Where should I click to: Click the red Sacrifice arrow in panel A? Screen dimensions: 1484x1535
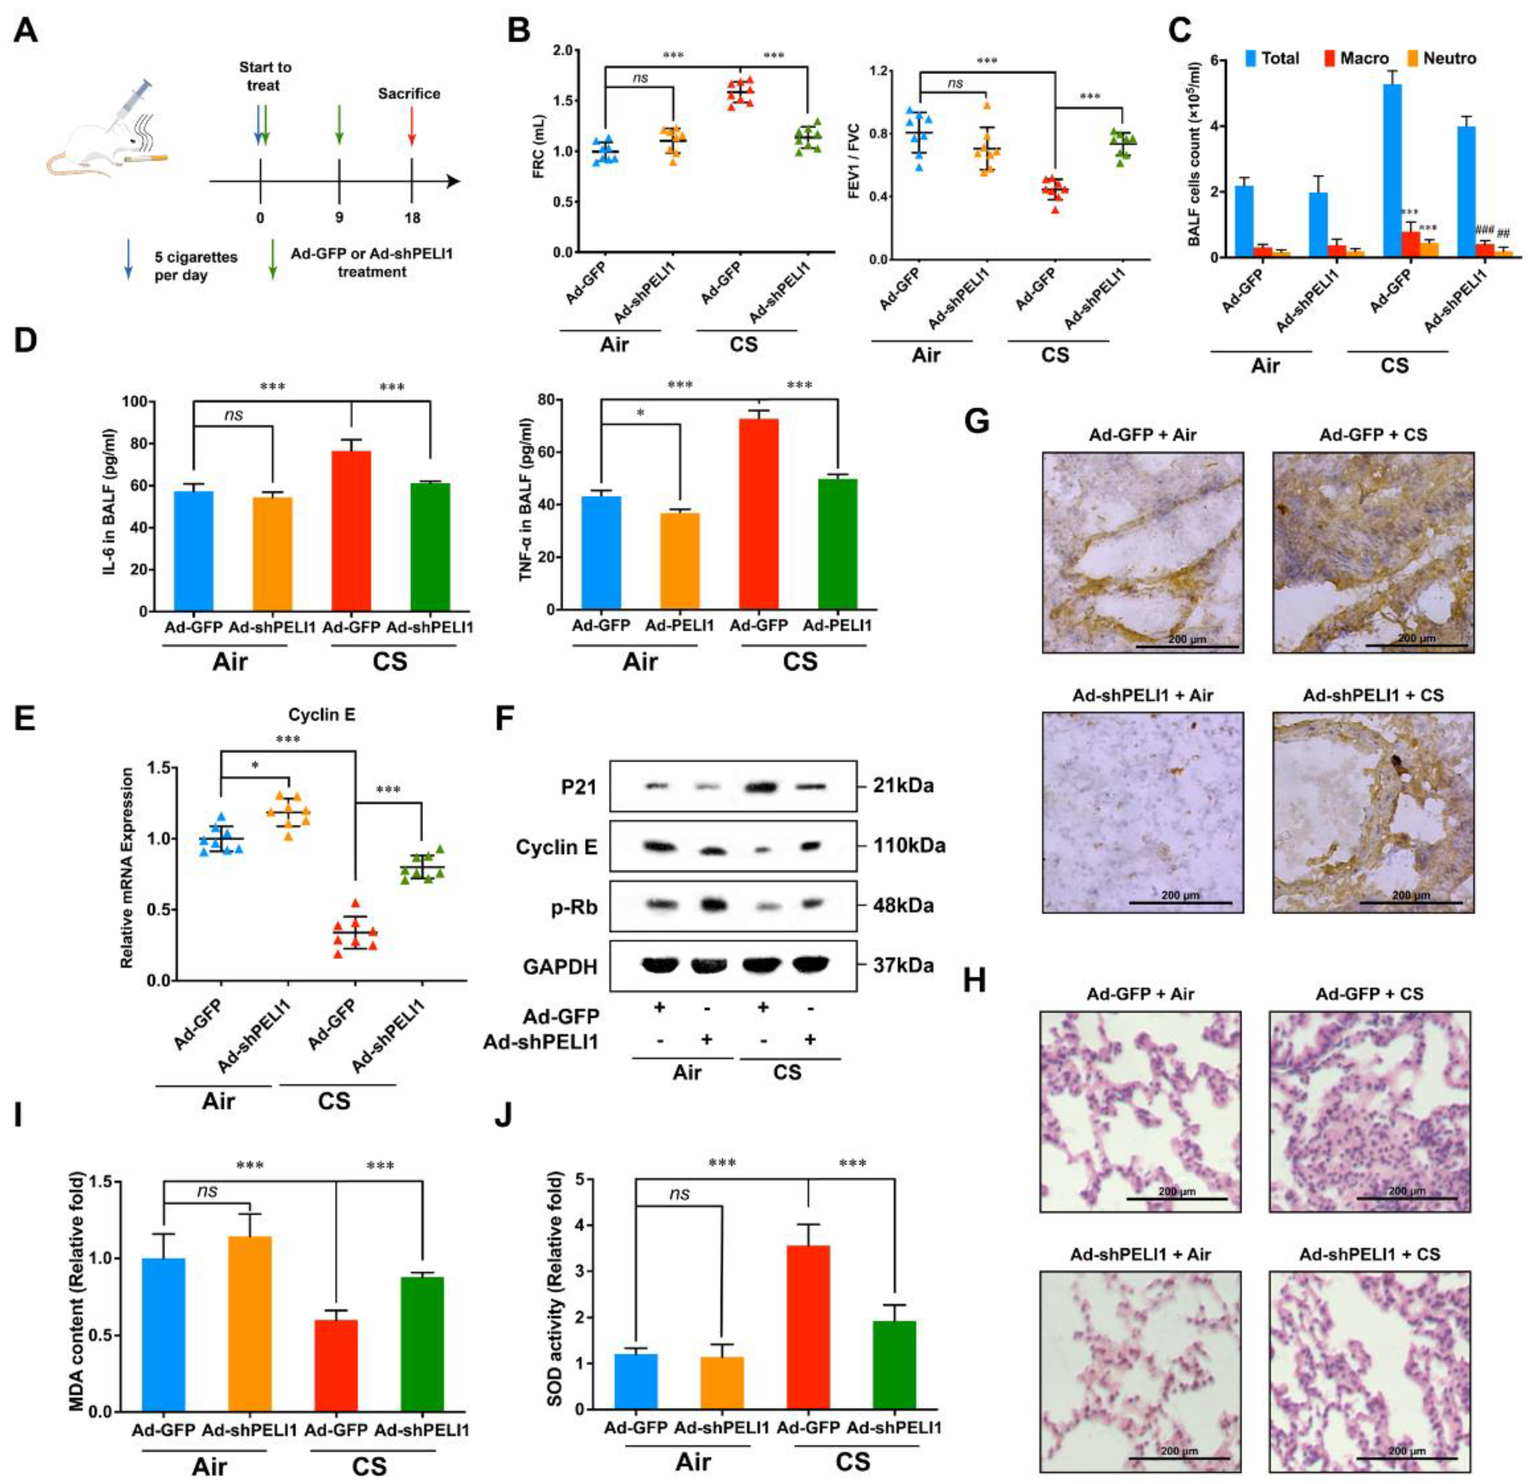pos(412,127)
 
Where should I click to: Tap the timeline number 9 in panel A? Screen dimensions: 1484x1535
pos(338,218)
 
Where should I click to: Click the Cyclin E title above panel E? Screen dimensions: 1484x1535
pos(321,714)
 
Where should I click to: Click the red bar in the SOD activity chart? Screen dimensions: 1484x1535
pos(807,1326)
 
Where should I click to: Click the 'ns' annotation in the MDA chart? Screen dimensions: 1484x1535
pos(207,1192)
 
